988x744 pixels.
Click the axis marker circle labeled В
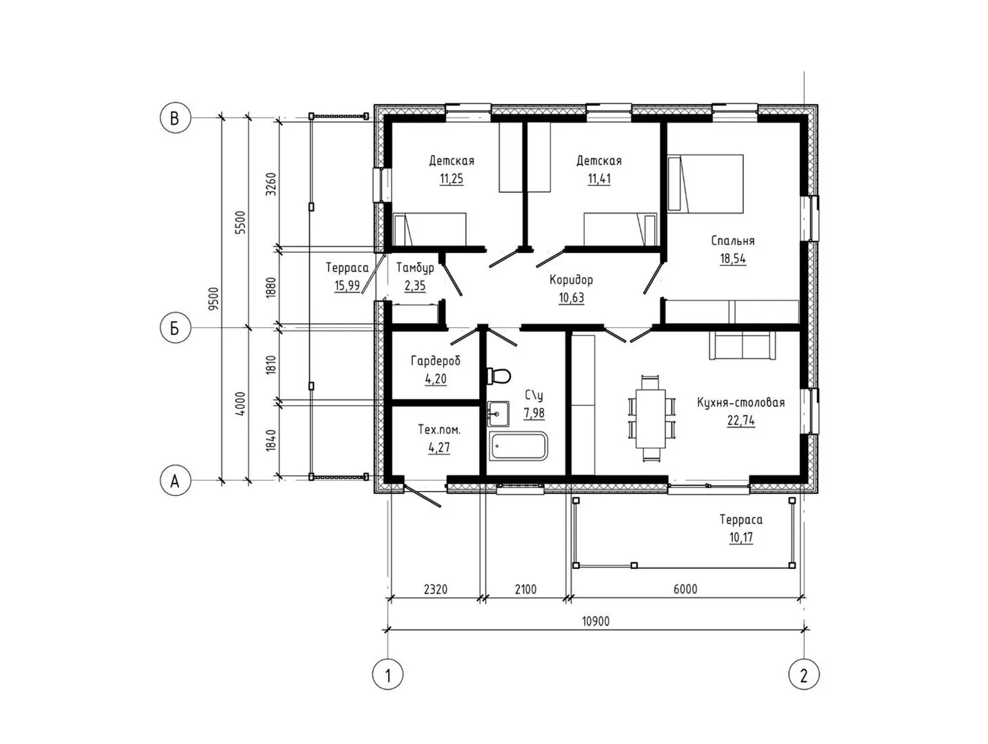(174, 118)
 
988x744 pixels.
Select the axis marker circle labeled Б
(174, 328)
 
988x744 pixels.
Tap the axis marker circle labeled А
(174, 481)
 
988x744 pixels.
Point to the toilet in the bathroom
(498, 375)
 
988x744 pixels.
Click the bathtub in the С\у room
(518, 446)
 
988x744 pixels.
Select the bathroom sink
(498, 413)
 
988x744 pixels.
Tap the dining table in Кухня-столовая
(650, 419)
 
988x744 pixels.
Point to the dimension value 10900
(596, 621)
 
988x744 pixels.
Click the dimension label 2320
(435, 589)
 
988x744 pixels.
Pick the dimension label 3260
(271, 185)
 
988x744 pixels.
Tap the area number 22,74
(740, 420)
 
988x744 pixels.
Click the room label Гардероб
(435, 361)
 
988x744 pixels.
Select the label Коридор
(571, 280)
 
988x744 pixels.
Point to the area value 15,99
(347, 286)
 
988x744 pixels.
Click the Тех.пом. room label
(439, 430)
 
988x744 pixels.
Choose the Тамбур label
(415, 268)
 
